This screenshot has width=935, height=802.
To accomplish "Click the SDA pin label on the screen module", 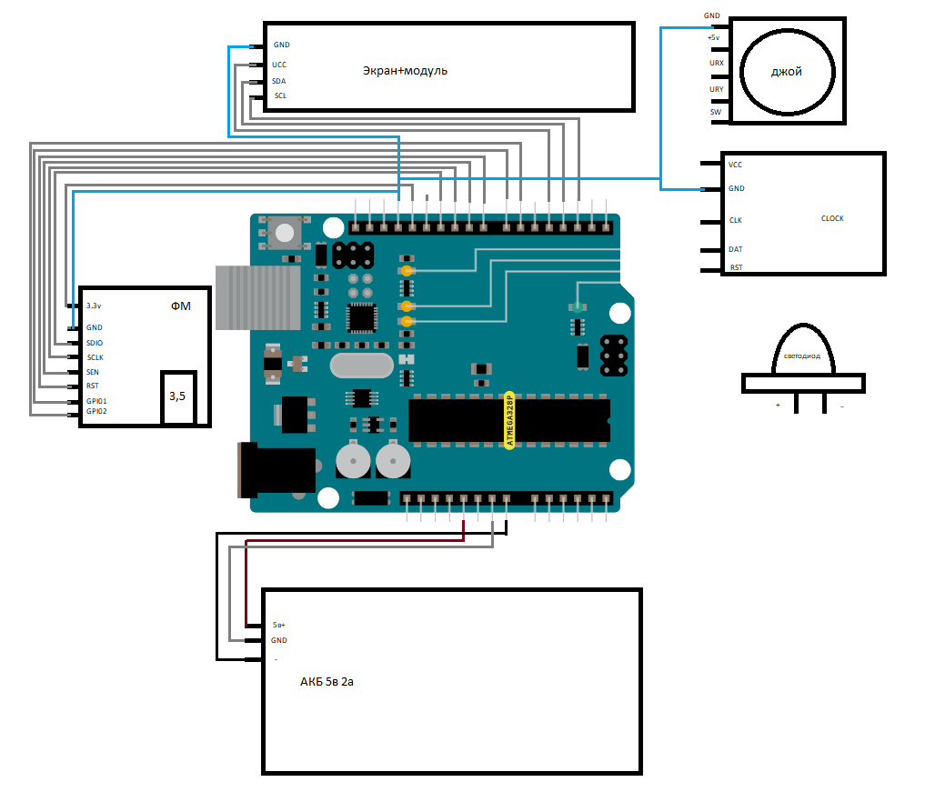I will (x=279, y=81).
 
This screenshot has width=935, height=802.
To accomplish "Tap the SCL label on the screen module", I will (x=280, y=95).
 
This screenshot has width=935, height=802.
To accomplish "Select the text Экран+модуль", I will (x=405, y=70).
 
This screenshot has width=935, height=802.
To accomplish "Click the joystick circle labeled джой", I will (x=786, y=73).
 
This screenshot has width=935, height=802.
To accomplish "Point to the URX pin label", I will (x=717, y=63).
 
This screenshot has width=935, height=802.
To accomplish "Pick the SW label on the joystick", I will (x=716, y=112).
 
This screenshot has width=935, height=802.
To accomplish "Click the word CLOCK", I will (x=832, y=218).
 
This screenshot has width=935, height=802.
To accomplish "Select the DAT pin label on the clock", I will (x=736, y=249).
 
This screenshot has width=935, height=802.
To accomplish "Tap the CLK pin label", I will (x=736, y=220).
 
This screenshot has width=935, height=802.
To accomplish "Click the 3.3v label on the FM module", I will (x=94, y=306).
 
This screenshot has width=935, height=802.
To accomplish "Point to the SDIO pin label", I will (x=95, y=343).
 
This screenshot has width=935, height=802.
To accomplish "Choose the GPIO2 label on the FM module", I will (x=96, y=411).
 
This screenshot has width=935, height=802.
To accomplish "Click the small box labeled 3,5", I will (x=178, y=397).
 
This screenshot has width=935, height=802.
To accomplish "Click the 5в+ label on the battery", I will (x=279, y=626).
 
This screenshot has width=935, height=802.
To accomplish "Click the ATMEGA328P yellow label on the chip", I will (x=509, y=418).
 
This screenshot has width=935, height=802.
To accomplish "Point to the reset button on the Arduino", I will (x=285, y=233).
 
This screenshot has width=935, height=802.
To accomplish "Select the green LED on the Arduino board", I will (x=576, y=307).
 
